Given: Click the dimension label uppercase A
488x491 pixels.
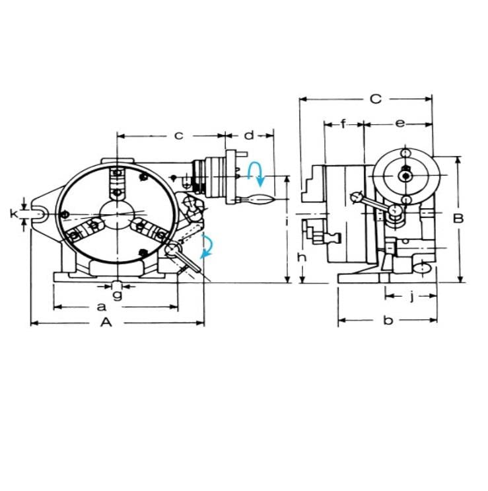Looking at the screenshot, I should click(105, 322).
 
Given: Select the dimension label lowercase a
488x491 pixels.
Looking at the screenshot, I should click(101, 307).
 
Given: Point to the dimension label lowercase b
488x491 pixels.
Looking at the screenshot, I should click(389, 321).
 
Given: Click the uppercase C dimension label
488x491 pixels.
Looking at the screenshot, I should click(375, 99).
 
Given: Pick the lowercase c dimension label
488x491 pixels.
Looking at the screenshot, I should click(178, 135).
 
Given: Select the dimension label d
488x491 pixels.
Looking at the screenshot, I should click(248, 135).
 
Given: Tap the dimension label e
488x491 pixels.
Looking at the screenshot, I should click(400, 123).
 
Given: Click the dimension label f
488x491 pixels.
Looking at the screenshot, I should click(345, 123).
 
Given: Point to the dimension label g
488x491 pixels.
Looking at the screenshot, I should click(117, 295).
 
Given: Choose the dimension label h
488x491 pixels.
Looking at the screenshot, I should click(301, 257).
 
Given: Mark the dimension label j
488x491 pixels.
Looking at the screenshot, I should click(411, 297).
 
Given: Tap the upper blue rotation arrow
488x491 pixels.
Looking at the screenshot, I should click(256, 174).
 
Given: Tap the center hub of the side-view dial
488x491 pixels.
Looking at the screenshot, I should click(405, 175).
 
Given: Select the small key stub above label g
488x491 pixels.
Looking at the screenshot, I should click(116, 285).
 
